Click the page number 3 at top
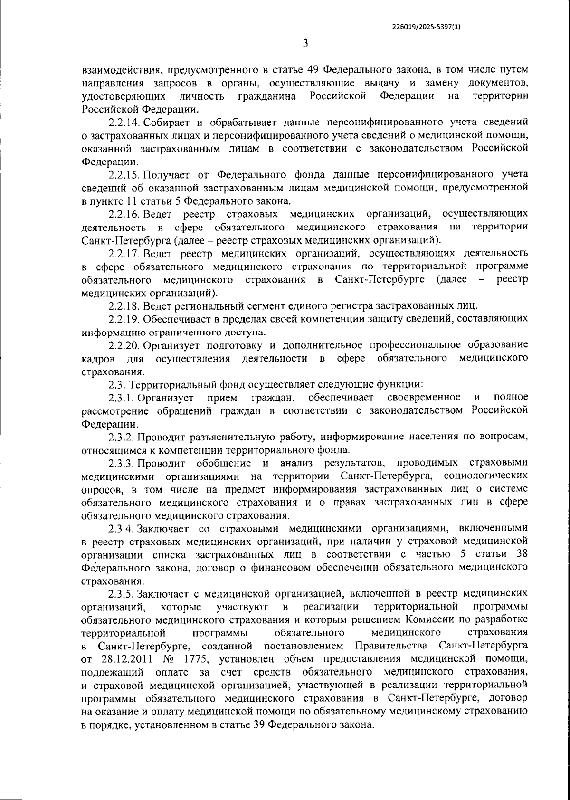point(305,44)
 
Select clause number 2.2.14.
point(124,123)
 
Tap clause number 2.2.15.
point(124,174)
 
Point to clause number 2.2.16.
point(124,214)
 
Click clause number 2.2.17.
point(124,253)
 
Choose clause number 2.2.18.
point(124,305)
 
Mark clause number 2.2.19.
point(124,318)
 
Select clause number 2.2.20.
point(124,345)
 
